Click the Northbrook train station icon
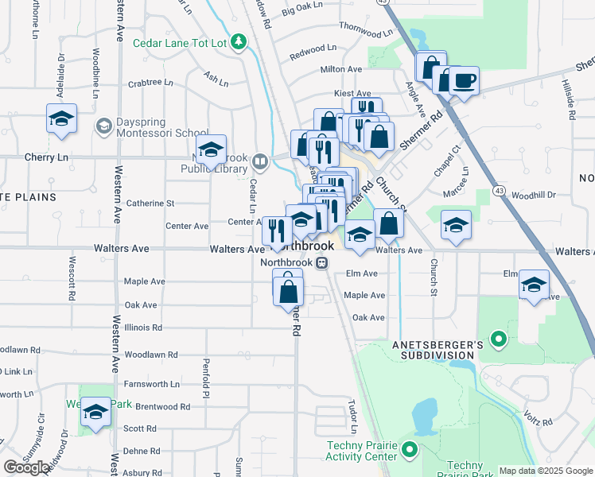pos(322,263)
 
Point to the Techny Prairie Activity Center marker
pos(410,450)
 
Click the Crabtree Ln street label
pos(150,82)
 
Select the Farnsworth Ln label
pos(152,384)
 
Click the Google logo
pos(27,467)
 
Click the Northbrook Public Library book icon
pos(259,163)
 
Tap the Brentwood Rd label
pos(162,406)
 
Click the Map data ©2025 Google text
pos(545,471)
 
